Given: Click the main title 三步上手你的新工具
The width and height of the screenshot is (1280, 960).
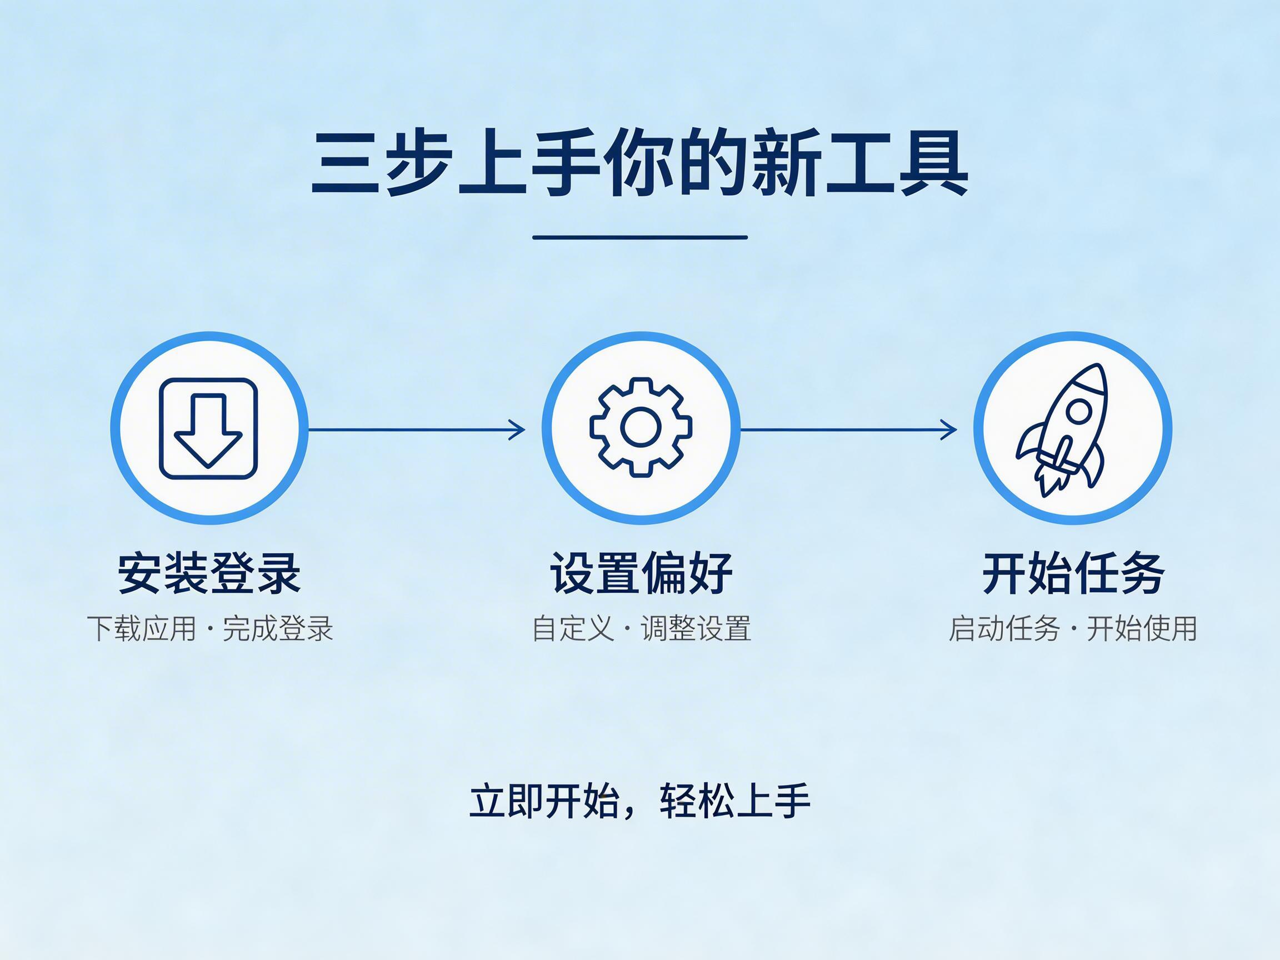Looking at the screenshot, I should (639, 163).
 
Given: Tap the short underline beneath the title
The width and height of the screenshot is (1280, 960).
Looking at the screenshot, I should (639, 237).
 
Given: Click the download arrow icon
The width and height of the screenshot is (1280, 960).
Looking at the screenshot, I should (208, 429).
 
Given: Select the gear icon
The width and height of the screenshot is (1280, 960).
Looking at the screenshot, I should (641, 428).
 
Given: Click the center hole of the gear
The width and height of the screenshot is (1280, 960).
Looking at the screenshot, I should (641, 428).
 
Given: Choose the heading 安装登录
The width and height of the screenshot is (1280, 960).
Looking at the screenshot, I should (209, 573).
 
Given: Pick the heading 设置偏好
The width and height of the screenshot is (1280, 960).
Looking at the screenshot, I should (641, 573).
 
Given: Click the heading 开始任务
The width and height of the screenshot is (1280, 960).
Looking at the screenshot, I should (1073, 573).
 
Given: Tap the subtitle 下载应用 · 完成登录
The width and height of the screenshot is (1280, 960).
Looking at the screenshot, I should (210, 629).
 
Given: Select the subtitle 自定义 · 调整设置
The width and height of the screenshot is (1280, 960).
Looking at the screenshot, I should (641, 629).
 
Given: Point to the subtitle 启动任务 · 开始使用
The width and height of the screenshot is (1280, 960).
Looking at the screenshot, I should (1072, 629).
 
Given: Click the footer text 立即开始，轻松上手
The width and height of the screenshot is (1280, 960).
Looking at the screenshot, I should (639, 802).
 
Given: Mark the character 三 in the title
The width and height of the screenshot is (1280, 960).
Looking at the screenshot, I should (346, 163).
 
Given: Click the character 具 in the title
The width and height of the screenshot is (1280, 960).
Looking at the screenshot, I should (934, 163).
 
